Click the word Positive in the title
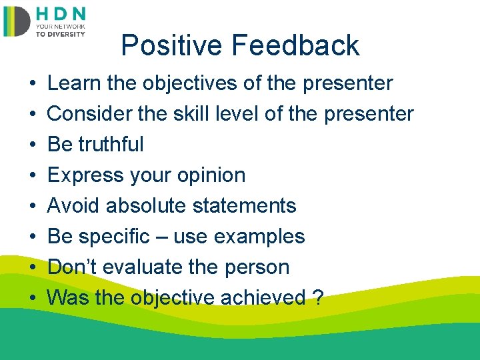[x=171, y=45]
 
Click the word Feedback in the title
[x=295, y=45]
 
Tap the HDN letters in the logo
[x=61, y=14]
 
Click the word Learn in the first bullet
[x=74, y=83]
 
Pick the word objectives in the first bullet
[x=190, y=83]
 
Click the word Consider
[x=90, y=113]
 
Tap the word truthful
[x=111, y=144]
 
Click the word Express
[x=85, y=175]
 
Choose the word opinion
[x=211, y=175]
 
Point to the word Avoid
[x=73, y=205]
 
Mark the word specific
[x=114, y=237]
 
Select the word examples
[x=259, y=237]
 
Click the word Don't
[x=72, y=266]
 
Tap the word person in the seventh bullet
[x=257, y=267]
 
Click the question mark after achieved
[x=318, y=297]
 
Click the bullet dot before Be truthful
[x=33, y=144]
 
